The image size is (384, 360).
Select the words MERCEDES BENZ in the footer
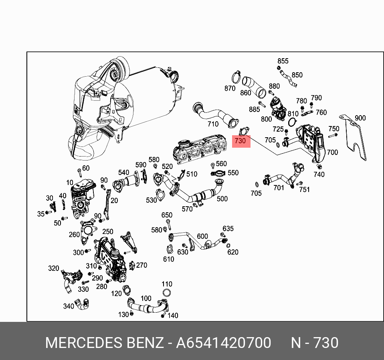(104, 343)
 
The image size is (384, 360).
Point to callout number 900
(360, 118)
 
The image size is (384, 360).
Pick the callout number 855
(283, 61)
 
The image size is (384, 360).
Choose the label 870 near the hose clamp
(230, 88)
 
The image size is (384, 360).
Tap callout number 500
(222, 199)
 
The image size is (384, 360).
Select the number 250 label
(108, 232)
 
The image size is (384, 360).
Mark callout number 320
(54, 268)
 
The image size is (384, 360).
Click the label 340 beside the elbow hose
(69, 306)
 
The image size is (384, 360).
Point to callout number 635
(228, 229)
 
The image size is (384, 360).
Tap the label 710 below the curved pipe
(213, 124)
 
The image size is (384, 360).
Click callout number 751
(304, 189)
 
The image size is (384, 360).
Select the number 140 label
(173, 315)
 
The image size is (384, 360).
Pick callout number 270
(141, 265)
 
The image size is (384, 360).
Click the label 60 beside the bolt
(86, 168)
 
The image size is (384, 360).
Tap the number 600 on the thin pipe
(202, 236)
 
